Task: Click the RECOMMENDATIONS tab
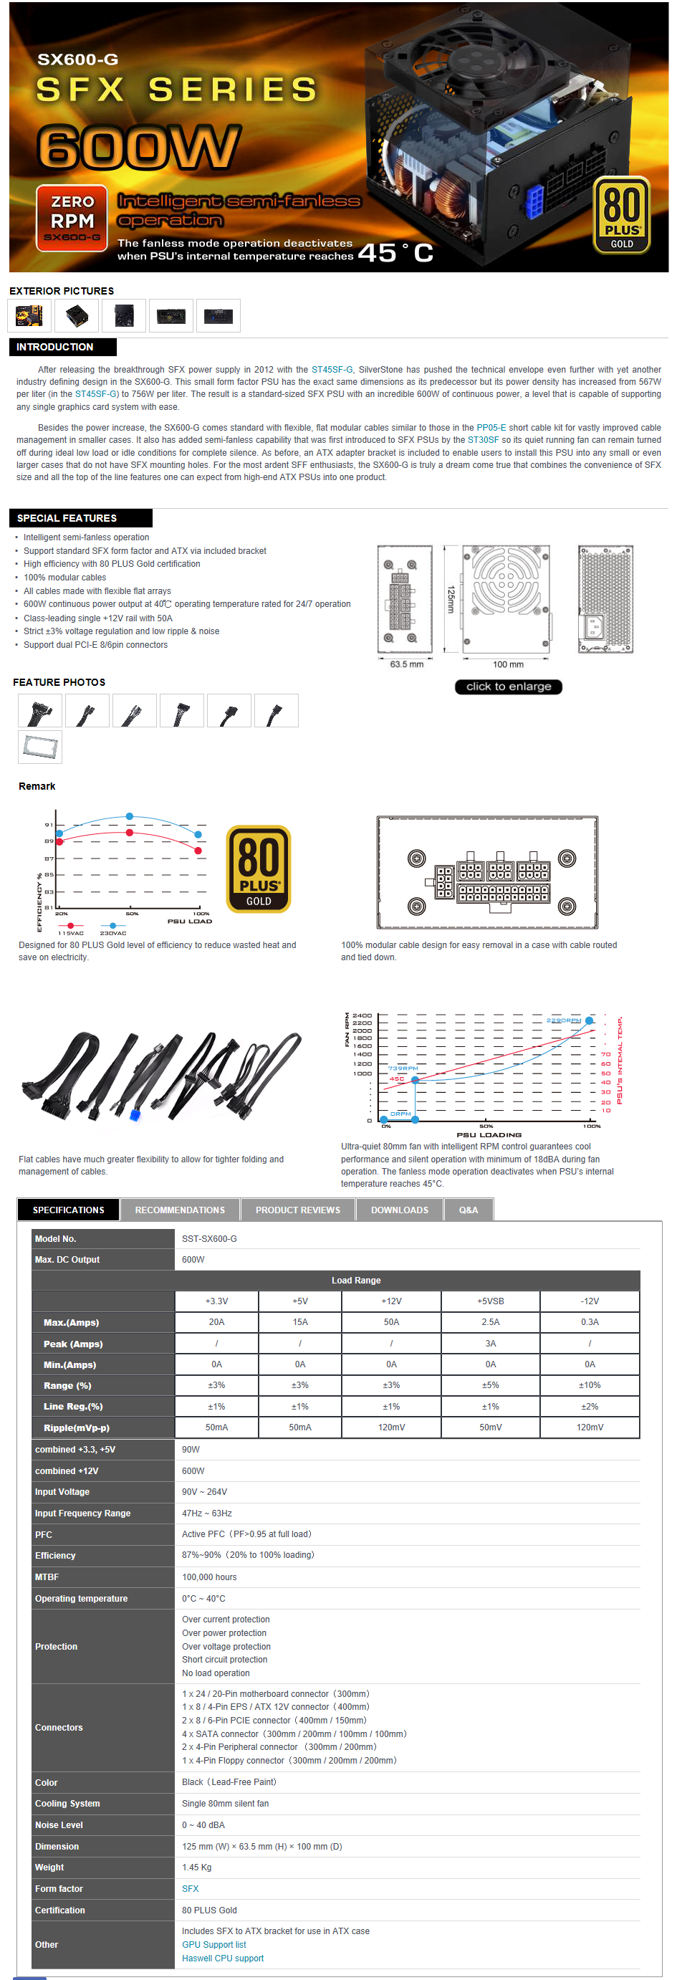pos(180,1210)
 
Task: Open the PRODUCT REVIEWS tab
pos(297,1210)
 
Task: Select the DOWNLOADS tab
pos(400,1210)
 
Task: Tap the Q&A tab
pos(468,1210)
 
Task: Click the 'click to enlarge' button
pos(508,687)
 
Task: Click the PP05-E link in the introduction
pos(491,427)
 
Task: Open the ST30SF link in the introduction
pos(483,440)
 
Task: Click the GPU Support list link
pos(213,1945)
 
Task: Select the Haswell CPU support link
pos(222,1959)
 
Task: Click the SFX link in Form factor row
pos(190,1888)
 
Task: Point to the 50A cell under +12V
pos(391,1322)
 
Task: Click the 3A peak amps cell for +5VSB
pos(490,1344)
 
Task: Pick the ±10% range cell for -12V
pos(590,1385)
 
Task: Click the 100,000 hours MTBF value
pos(209,1577)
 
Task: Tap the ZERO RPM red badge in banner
pos(72,219)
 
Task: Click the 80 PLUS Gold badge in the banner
pos(621,215)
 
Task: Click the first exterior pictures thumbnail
pos(29,315)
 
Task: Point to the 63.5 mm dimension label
pos(406,664)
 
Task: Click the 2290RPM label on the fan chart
pos(563,1020)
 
